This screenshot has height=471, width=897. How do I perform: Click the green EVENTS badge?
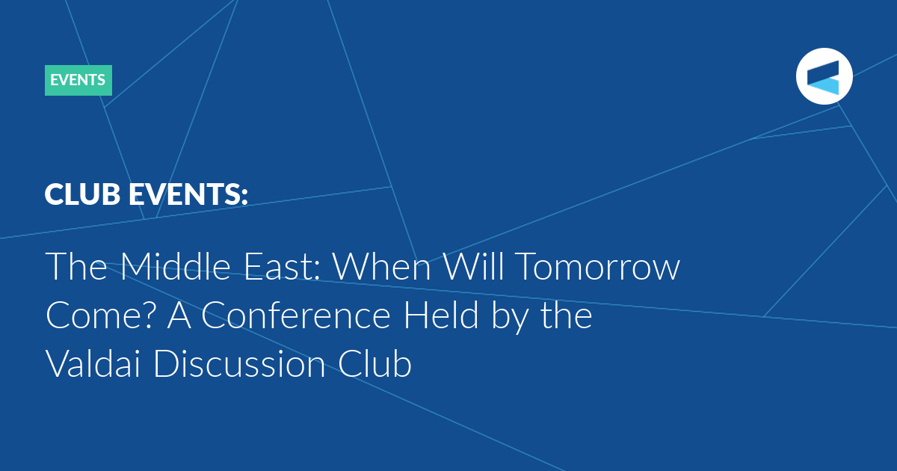tap(78, 80)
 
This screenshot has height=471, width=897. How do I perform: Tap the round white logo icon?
tap(824, 76)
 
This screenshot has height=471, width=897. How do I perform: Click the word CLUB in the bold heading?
tap(82, 194)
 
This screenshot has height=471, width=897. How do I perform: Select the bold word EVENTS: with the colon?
tap(188, 194)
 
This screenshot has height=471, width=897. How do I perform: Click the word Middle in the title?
tap(176, 266)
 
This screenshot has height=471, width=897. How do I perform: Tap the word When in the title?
tap(382, 266)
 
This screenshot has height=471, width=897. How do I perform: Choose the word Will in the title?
tap(473, 266)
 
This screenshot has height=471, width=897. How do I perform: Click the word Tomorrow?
tap(598, 266)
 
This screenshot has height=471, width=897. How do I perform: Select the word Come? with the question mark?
tap(100, 315)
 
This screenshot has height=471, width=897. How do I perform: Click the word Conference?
tap(295, 315)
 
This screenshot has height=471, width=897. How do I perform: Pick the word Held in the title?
tap(440, 315)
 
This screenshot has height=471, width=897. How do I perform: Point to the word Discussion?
tap(239, 363)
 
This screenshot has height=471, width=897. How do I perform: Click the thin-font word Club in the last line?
tap(374, 363)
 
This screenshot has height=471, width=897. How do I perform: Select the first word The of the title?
tap(76, 266)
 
